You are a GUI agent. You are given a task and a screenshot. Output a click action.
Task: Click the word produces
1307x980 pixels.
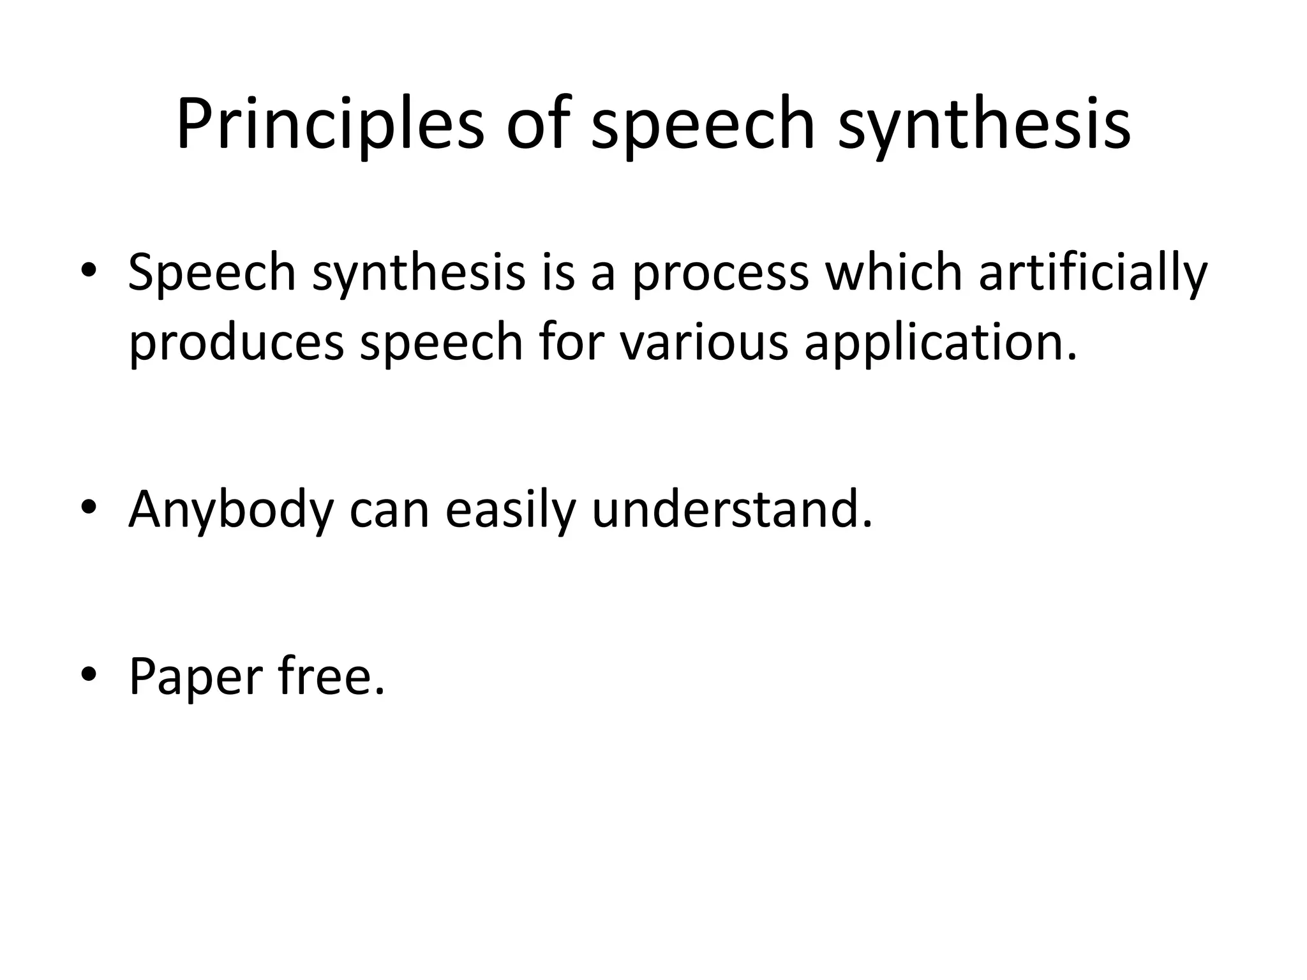pos(237,343)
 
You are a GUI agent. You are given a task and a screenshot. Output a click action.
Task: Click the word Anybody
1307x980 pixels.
pos(231,510)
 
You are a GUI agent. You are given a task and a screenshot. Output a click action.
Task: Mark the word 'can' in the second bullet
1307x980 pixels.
pos(389,510)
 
